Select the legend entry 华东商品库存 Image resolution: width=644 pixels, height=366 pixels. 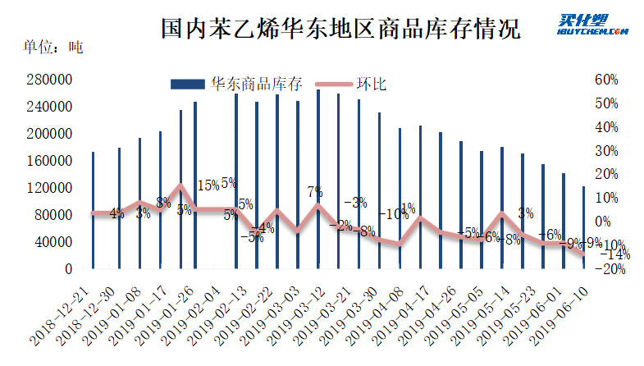238,84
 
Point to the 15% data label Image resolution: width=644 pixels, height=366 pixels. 208,185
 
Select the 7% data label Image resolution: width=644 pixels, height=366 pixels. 315,192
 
